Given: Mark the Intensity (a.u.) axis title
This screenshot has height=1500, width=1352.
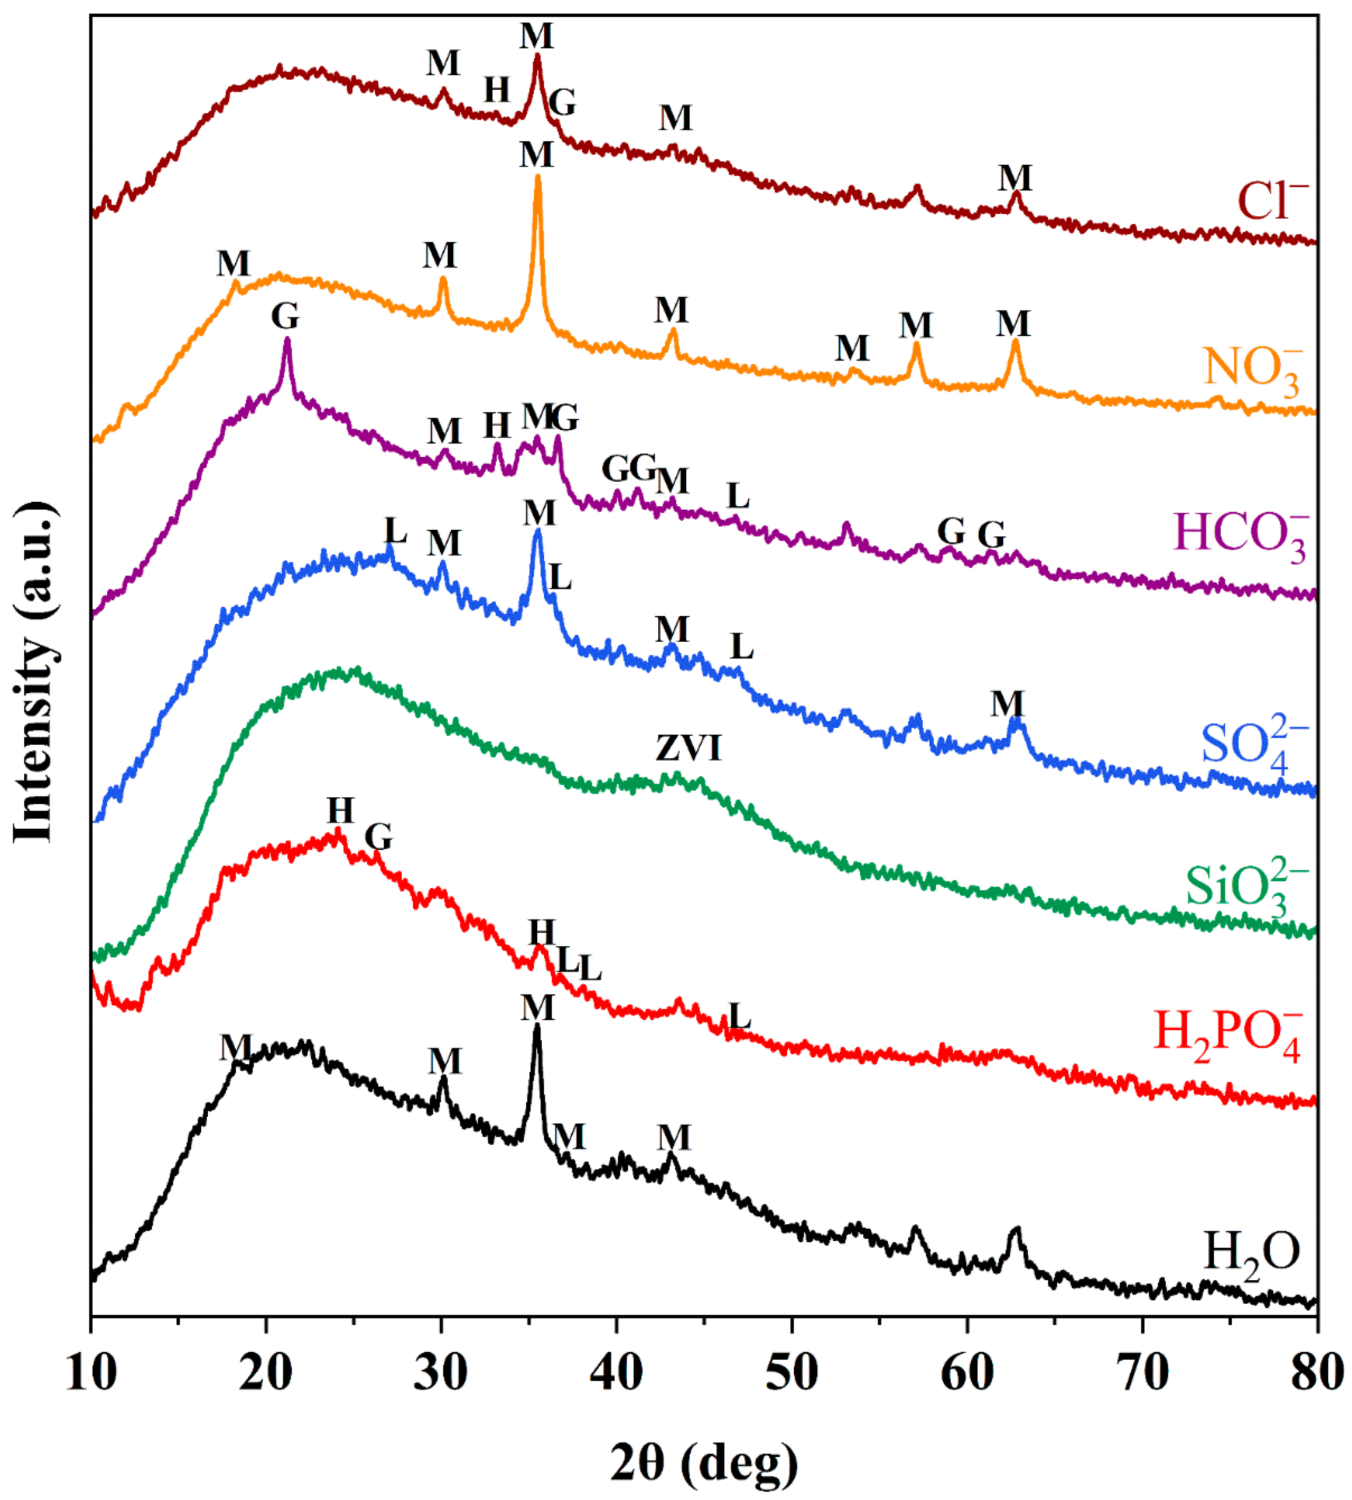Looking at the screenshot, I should (x=33, y=672).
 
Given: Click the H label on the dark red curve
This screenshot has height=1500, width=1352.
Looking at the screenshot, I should (x=497, y=91).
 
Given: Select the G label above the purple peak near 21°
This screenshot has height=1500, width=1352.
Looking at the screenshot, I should (x=285, y=316).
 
